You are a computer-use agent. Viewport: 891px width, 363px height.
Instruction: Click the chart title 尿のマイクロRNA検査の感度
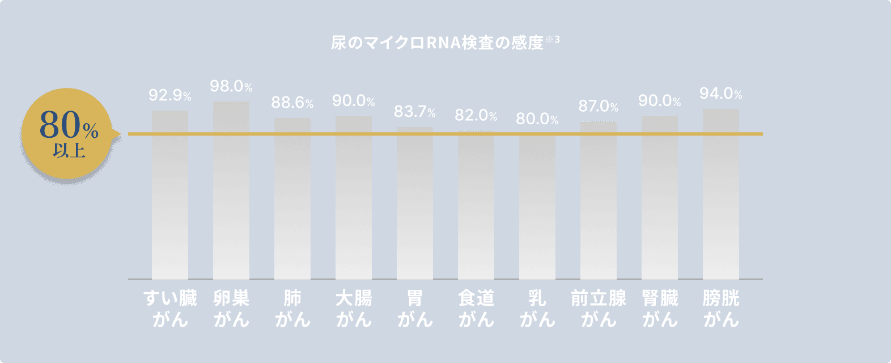[438, 43]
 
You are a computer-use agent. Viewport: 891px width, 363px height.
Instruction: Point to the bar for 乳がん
[537, 206]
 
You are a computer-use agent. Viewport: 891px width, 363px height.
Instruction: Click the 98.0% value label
[231, 86]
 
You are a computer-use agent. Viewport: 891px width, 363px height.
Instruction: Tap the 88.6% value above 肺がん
[292, 103]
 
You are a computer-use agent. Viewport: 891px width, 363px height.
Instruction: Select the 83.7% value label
[414, 112]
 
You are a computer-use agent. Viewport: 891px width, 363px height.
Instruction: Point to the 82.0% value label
[476, 116]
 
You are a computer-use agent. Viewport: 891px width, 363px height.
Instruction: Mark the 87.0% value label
[598, 106]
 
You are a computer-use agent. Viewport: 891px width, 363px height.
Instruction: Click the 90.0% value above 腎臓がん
[659, 101]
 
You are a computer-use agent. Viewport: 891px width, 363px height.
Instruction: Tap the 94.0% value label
[720, 94]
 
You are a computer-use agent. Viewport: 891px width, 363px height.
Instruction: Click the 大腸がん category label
[354, 309]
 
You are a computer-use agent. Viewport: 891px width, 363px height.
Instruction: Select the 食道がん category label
[476, 309]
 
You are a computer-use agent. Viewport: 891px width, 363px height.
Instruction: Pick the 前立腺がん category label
[599, 309]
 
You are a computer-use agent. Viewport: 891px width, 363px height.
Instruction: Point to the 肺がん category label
[292, 309]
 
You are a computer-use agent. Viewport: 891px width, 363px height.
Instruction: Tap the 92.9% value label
[169, 95]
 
